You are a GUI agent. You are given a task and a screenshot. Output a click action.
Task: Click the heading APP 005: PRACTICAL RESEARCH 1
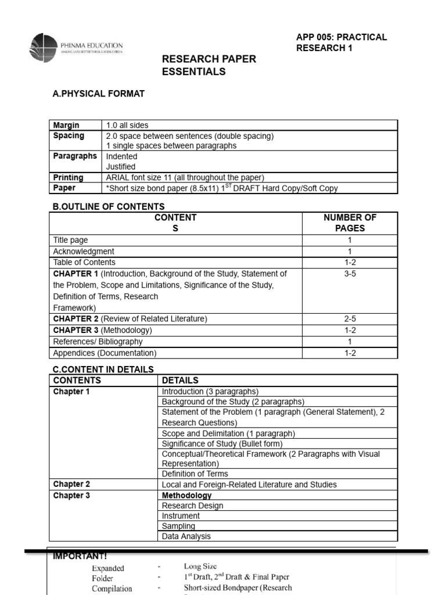click(x=341, y=42)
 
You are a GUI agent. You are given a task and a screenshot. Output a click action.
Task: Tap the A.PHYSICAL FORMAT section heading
click(x=98, y=94)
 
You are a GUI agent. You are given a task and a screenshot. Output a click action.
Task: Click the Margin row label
click(x=66, y=126)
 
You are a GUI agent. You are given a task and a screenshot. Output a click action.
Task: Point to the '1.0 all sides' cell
click(x=127, y=126)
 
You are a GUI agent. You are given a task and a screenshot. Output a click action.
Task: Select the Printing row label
click(x=68, y=178)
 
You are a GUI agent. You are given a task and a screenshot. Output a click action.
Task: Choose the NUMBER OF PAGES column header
click(x=350, y=223)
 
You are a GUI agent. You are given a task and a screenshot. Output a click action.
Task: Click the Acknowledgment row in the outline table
click(x=84, y=252)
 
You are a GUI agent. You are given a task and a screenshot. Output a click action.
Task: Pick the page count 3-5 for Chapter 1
click(x=350, y=274)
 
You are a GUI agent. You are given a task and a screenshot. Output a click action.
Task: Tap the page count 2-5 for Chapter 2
click(x=350, y=319)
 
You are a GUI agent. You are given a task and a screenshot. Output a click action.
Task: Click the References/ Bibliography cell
click(x=98, y=342)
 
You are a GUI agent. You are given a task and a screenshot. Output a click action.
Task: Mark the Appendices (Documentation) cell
click(x=105, y=353)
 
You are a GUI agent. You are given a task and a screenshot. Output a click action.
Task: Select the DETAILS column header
click(x=180, y=381)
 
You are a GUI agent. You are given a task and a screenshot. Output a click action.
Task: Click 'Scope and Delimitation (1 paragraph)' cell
click(x=228, y=433)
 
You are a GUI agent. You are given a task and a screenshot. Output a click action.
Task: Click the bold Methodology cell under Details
click(x=186, y=496)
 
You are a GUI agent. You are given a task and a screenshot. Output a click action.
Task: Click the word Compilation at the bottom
click(x=112, y=588)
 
